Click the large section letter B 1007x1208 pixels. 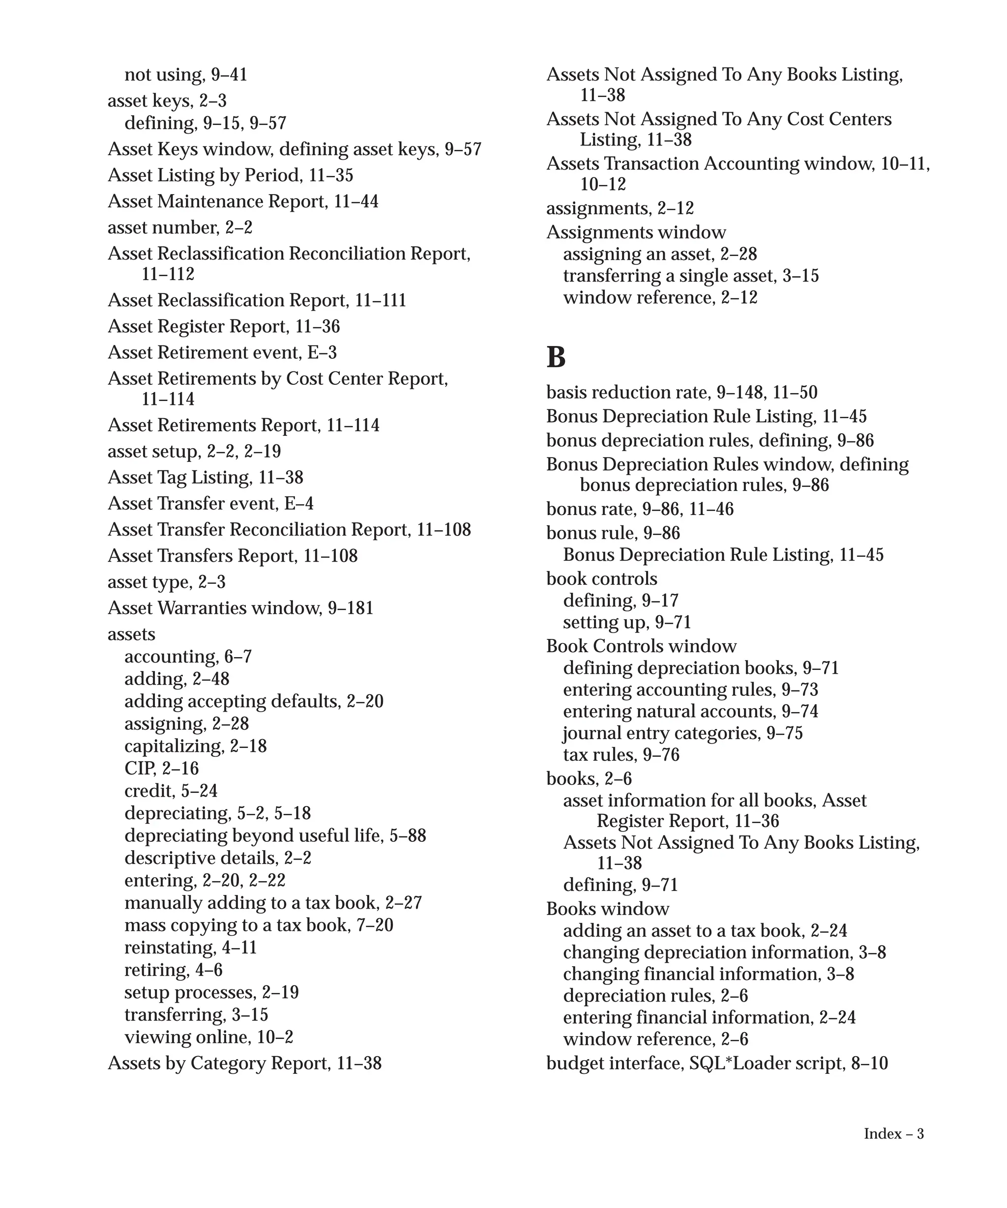[555, 357]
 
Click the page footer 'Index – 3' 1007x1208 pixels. [893, 1133]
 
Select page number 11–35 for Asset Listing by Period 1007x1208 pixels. [331, 175]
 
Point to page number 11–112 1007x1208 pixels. [168, 274]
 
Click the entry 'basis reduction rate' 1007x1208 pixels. [628, 392]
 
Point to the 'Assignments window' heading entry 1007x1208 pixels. [635, 232]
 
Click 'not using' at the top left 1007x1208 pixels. [162, 74]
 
